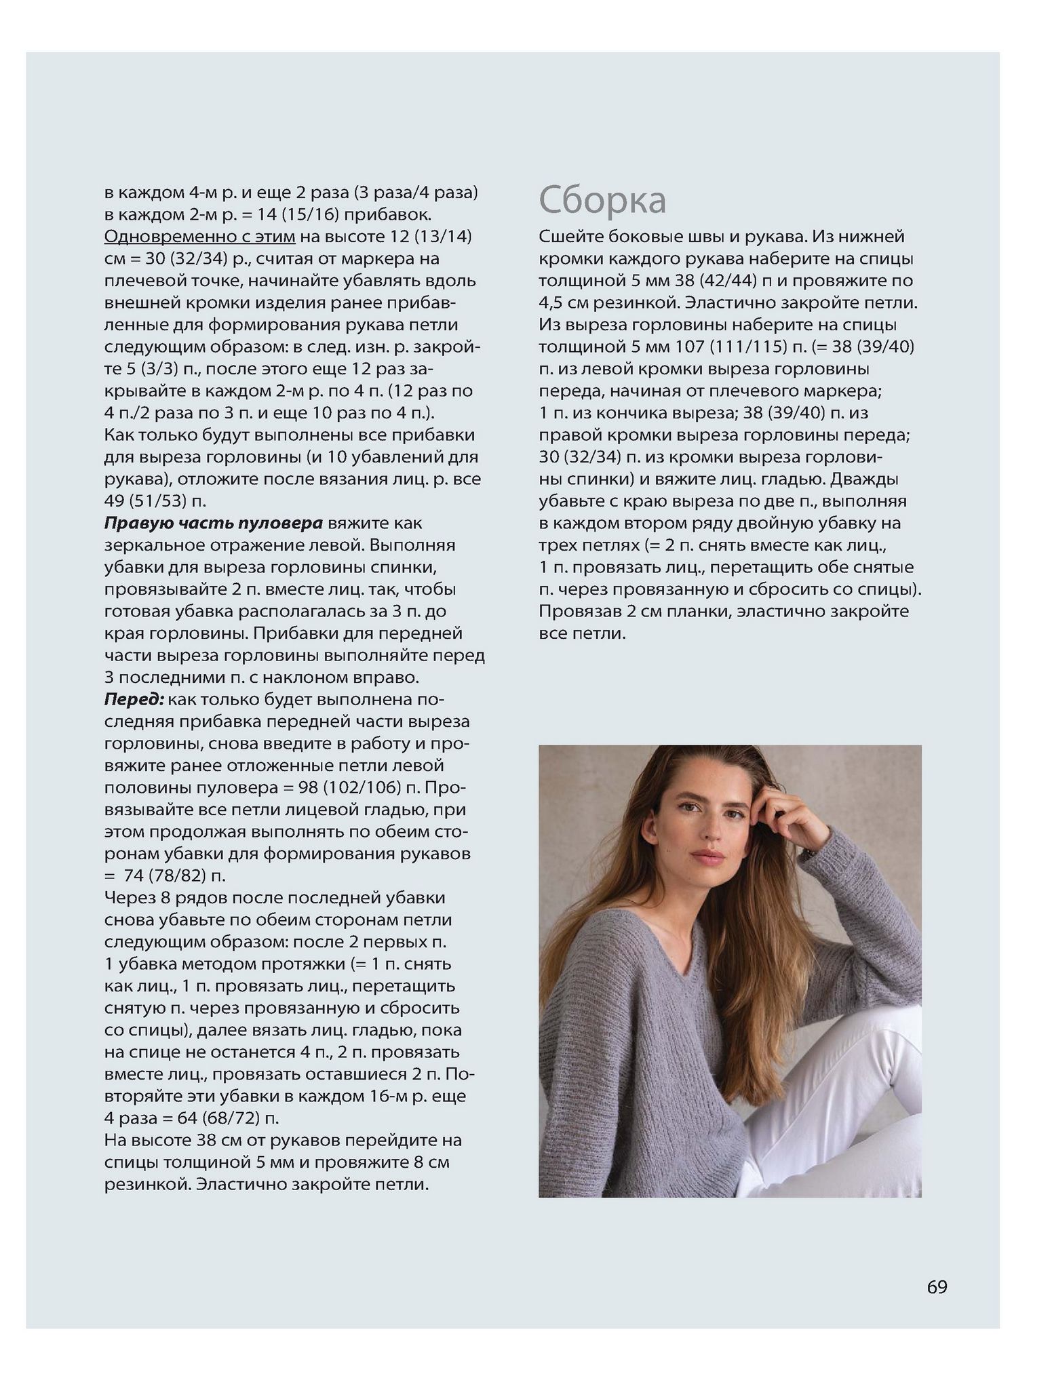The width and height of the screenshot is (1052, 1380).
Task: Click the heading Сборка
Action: tap(602, 200)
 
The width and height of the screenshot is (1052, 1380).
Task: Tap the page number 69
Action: tap(937, 1286)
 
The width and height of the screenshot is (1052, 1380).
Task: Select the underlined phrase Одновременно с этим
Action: tap(199, 236)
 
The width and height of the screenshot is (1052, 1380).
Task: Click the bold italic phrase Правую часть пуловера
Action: tap(213, 523)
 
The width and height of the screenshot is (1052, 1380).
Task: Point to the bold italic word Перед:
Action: tap(134, 699)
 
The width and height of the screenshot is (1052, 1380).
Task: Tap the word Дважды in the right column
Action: tap(865, 479)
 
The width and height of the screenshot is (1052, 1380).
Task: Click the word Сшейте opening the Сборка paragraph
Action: tap(569, 236)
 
